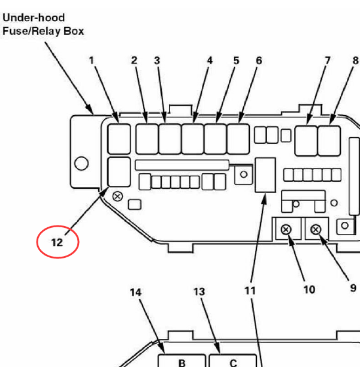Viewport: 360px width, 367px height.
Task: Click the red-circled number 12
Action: pyautogui.click(x=57, y=242)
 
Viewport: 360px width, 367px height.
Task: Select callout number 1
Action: pyautogui.click(x=92, y=61)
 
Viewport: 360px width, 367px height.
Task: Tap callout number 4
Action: pyautogui.click(x=210, y=61)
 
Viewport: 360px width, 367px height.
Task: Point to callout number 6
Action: pyautogui.click(x=259, y=61)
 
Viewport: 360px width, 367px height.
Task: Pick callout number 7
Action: pyautogui.click(x=328, y=61)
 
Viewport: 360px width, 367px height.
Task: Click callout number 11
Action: pyautogui.click(x=250, y=291)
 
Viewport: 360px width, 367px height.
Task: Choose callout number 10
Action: pyautogui.click(x=309, y=290)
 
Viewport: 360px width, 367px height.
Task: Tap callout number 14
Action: pyautogui.click(x=135, y=292)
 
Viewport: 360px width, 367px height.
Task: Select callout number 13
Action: pyautogui.click(x=199, y=291)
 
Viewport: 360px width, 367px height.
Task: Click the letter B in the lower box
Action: pyautogui.click(x=182, y=363)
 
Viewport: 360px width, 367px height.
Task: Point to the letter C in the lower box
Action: pyautogui.click(x=233, y=363)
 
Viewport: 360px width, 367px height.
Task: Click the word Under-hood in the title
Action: pyautogui.click(x=34, y=18)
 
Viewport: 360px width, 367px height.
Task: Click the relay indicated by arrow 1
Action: pyautogui.click(x=119, y=139)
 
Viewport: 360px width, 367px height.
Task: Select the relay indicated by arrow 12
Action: pyautogui.click(x=119, y=172)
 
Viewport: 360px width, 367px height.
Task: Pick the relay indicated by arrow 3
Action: pyautogui.click(x=170, y=139)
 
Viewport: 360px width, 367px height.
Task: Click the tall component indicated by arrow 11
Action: pyautogui.click(x=265, y=175)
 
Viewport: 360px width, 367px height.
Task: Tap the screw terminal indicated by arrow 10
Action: pyautogui.click(x=286, y=230)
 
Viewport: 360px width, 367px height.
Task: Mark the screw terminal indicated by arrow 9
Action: pyautogui.click(x=316, y=230)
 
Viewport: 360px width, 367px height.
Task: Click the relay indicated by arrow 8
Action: pyautogui.click(x=329, y=141)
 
